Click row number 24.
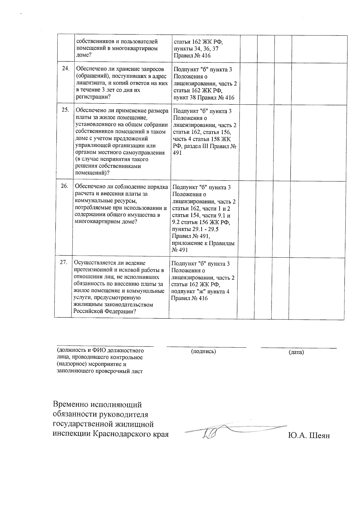pos(65,68)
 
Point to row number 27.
pos(63,262)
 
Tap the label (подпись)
pos(203,351)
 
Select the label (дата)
pos(296,352)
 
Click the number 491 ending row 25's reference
pos(177,152)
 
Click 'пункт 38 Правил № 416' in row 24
pos(204,97)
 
